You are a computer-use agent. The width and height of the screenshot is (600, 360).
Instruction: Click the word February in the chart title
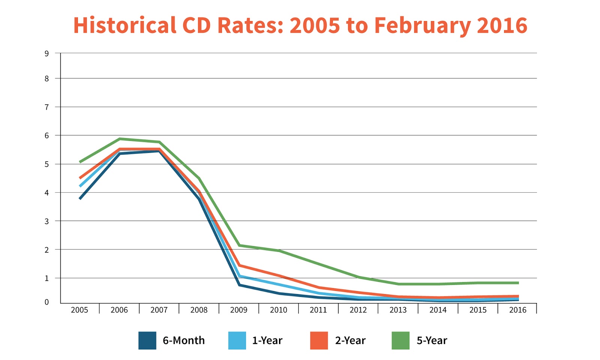422,25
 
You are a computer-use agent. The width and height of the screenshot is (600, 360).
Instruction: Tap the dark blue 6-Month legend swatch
147,340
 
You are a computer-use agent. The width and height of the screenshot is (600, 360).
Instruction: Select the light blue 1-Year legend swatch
237,340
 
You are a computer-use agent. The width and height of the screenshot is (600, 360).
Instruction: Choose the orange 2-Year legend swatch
319,340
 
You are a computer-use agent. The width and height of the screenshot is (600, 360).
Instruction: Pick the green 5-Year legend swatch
400,340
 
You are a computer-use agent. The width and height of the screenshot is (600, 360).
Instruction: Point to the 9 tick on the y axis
46,54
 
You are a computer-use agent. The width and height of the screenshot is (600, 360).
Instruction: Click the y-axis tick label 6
46,136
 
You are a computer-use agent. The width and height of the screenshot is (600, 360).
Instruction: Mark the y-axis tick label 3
46,221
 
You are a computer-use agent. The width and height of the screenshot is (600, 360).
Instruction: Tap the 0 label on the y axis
46,302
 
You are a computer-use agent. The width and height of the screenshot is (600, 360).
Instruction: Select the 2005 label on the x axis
79,310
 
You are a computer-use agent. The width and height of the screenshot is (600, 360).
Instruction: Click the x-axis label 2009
239,310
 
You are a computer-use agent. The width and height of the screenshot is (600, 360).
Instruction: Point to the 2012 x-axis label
358,310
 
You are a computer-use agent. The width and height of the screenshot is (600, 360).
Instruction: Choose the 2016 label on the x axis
517,310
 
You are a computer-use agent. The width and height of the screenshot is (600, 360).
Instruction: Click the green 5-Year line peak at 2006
120,139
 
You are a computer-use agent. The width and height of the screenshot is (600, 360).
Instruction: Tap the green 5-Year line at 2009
239,245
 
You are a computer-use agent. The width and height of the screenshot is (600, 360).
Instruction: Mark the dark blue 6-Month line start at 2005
80,198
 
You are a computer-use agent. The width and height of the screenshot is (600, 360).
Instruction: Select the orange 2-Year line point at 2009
239,265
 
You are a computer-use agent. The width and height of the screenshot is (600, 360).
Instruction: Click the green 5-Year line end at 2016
518,283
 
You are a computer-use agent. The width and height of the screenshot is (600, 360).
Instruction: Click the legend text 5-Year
432,340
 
